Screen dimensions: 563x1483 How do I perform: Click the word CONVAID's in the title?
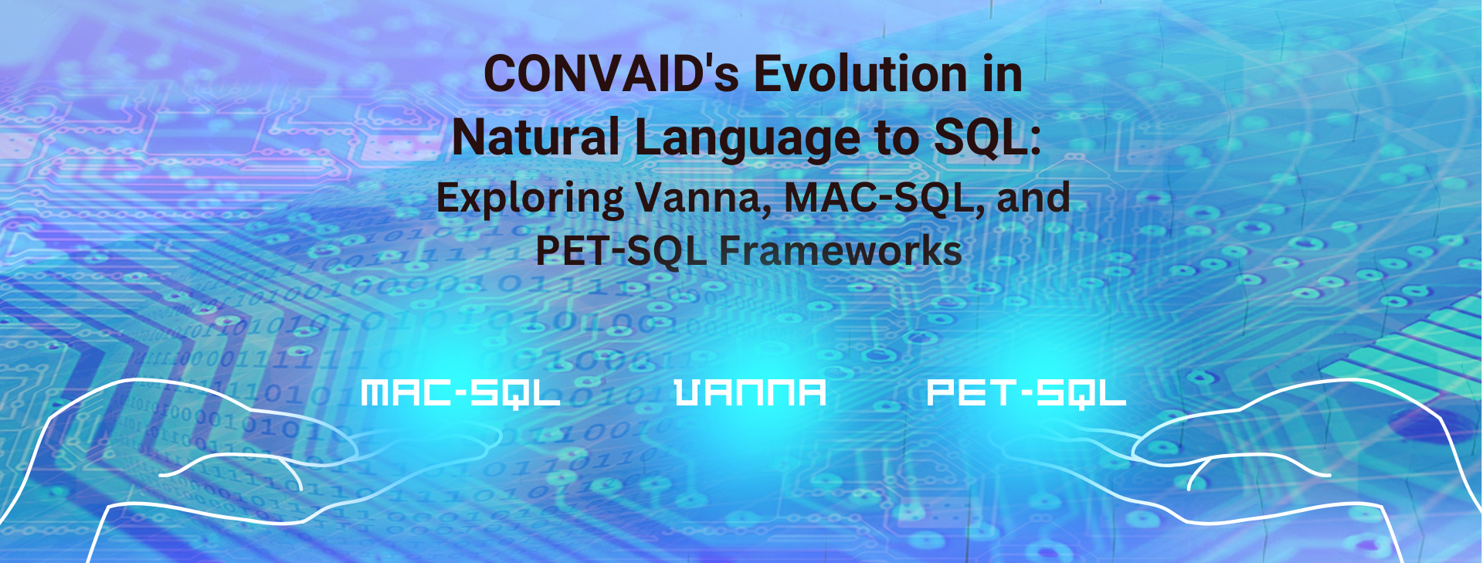click(610, 75)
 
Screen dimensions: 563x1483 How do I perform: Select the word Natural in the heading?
click(535, 137)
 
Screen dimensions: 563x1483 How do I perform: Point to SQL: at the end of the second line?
click(987, 137)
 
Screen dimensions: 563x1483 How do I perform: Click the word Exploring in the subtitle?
click(530, 198)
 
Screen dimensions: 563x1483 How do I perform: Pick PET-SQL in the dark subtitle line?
click(620, 251)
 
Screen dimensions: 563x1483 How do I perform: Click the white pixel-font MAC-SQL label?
click(460, 393)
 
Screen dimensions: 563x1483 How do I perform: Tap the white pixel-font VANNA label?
click(750, 392)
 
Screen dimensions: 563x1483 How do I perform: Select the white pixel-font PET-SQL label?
click(1026, 393)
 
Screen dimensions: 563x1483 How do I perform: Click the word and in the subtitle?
click(1033, 198)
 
